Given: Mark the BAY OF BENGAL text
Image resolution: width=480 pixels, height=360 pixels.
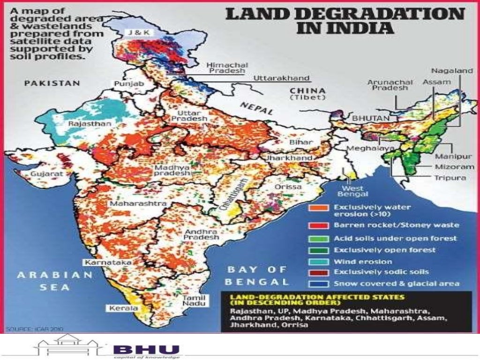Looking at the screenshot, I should pyautogui.click(x=257, y=276).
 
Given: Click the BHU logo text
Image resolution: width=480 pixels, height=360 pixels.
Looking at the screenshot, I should pyautogui.click(x=146, y=349).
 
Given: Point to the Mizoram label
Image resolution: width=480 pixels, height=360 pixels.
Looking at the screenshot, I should pyautogui.click(x=454, y=166).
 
